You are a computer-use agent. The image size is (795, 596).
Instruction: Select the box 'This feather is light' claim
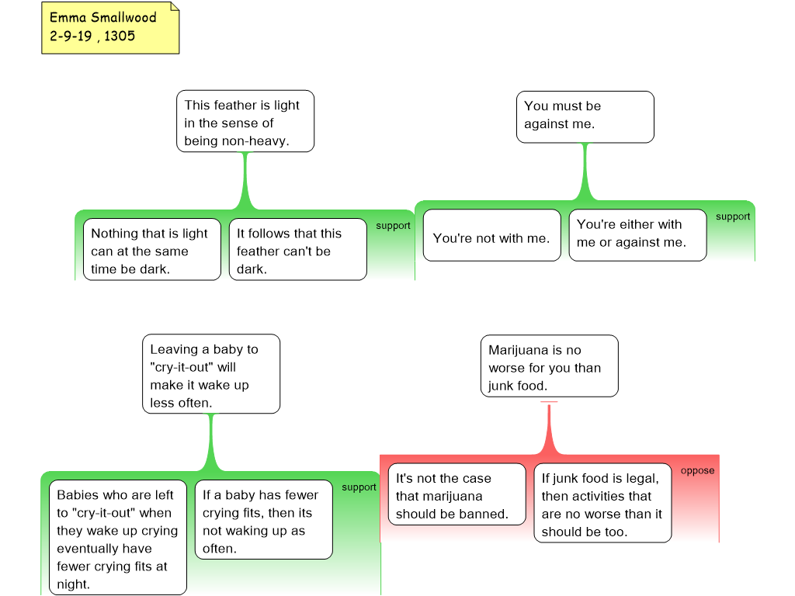[245, 123]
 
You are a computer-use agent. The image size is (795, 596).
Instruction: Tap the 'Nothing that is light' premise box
[151, 251]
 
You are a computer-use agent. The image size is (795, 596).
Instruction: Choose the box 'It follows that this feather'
[297, 251]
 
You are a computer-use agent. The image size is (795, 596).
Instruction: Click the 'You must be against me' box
[585, 116]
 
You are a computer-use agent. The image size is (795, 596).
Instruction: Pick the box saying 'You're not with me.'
[491, 238]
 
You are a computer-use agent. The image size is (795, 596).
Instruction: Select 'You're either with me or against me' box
[637, 234]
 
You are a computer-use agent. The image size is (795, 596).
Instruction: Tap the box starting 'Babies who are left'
[117, 539]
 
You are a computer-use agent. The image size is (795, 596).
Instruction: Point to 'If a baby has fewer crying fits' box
[263, 521]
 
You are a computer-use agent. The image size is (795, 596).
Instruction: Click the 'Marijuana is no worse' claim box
[549, 367]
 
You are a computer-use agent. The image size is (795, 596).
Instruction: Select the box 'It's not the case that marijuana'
[457, 496]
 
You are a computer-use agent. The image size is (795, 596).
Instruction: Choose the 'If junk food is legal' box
[602, 504]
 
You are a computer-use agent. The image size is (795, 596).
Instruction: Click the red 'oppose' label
[697, 470]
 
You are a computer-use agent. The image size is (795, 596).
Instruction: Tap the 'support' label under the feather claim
[393, 226]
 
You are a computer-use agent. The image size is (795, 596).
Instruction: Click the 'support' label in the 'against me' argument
[733, 217]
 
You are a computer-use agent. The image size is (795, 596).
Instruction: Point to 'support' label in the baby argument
[359, 487]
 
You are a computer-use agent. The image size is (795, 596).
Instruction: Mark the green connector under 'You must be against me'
[585, 175]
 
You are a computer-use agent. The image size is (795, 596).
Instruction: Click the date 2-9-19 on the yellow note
[71, 36]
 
